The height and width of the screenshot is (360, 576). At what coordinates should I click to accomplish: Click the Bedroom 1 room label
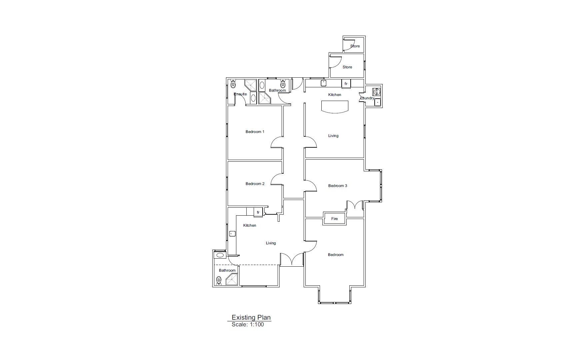click(x=255, y=132)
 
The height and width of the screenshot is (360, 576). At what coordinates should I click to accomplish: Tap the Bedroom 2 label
click(x=255, y=184)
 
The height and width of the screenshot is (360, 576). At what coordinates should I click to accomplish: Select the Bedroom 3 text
click(x=338, y=186)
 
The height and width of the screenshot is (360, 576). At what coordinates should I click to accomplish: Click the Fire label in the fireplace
click(x=335, y=219)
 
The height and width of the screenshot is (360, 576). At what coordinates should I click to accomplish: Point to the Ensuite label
click(x=240, y=94)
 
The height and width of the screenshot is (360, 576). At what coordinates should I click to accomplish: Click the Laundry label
click(x=367, y=98)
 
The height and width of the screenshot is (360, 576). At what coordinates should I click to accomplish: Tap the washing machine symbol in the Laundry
click(x=376, y=92)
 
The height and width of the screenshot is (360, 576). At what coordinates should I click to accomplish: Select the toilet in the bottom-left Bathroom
click(x=219, y=281)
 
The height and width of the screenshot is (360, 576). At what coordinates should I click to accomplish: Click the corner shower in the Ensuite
click(x=251, y=85)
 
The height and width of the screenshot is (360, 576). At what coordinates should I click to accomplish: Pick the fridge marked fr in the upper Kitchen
click(x=346, y=84)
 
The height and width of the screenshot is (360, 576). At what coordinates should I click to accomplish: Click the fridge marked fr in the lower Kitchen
click(x=258, y=212)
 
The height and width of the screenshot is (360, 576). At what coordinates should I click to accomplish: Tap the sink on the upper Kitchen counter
click(x=323, y=83)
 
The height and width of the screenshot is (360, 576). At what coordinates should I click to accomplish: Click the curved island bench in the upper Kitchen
click(x=335, y=107)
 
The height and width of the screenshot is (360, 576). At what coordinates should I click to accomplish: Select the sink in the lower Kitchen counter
click(x=232, y=234)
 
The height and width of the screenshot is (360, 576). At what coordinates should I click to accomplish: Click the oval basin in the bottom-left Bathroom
click(x=220, y=255)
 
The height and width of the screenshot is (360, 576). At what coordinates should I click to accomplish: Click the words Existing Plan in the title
click(x=251, y=317)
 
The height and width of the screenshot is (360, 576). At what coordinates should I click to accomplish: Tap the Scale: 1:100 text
click(x=248, y=324)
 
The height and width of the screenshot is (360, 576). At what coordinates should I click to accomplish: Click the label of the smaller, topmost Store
click(x=355, y=46)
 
